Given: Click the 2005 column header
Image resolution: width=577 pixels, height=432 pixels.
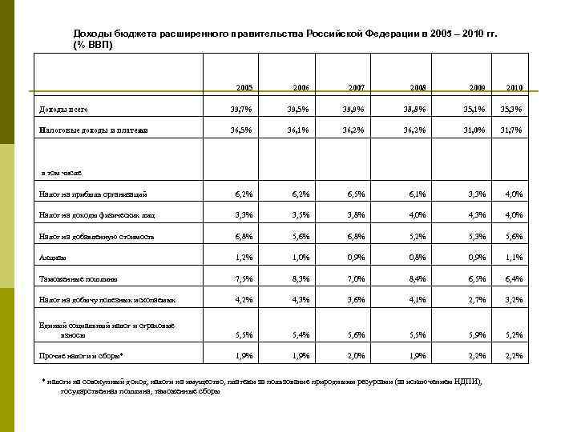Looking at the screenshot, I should pyautogui.click(x=244, y=86).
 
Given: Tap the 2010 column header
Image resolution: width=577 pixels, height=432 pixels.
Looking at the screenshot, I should pyautogui.click(x=514, y=86).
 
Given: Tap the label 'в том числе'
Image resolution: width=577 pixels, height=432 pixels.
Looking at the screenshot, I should pyautogui.click(x=61, y=172).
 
